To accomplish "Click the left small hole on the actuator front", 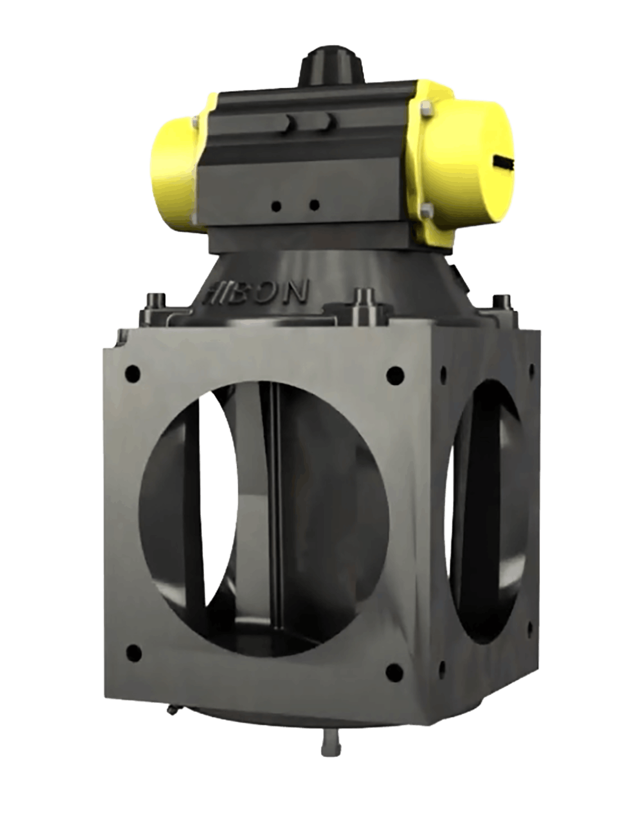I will click(x=276, y=206).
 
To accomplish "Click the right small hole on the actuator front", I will click(x=315, y=206).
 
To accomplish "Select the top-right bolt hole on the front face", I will click(x=395, y=373).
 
